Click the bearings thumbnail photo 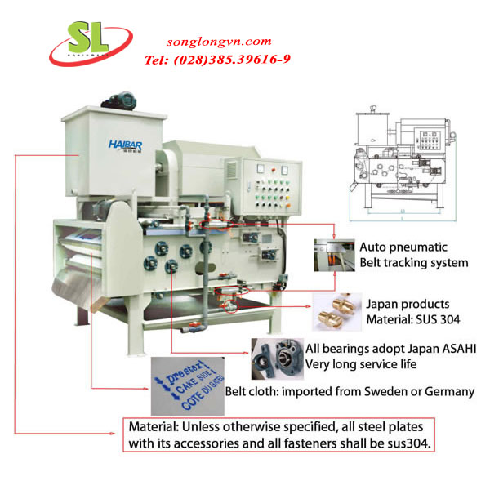pyautogui.click(x=272, y=355)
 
